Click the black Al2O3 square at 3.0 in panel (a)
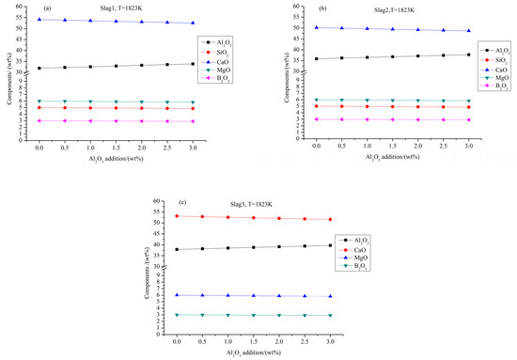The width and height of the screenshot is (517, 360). click(x=193, y=64)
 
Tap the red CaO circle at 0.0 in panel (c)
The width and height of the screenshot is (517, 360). click(x=177, y=216)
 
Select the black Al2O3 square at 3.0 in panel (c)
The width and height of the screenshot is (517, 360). click(x=330, y=245)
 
